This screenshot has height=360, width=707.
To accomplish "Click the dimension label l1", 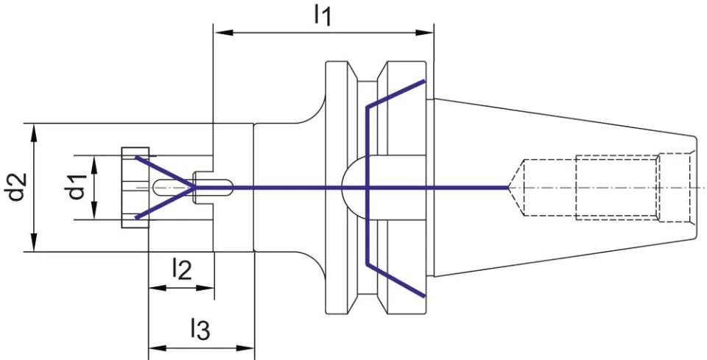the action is [x=323, y=17].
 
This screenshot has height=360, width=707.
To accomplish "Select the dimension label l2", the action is [x=182, y=270].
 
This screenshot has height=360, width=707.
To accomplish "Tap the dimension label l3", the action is [x=200, y=329].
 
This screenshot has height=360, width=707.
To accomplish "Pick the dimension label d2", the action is [x=15, y=187].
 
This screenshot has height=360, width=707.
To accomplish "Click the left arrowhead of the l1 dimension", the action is [x=224, y=32].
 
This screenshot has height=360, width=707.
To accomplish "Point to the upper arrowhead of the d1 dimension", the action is [x=94, y=165].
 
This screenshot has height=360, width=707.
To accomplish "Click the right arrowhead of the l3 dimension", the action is [x=245, y=348].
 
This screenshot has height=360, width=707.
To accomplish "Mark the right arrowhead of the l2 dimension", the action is [x=204, y=287].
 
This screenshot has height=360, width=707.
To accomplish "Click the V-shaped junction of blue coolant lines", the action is [x=194, y=187].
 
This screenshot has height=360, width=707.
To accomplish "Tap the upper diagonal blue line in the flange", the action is [x=395, y=94].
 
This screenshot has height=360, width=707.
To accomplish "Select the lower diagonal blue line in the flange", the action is [x=395, y=280].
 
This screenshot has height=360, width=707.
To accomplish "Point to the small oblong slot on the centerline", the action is [x=193, y=187].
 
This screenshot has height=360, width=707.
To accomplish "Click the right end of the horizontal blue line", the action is [x=509, y=187].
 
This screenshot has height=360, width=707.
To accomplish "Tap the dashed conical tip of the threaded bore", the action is [x=516, y=187].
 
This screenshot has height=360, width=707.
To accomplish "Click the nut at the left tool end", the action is [x=135, y=187].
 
